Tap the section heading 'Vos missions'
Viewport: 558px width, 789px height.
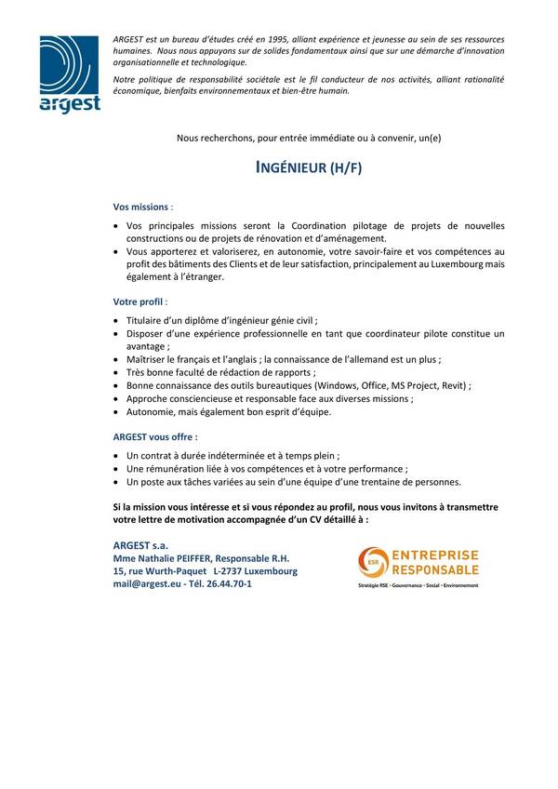[x=141, y=207]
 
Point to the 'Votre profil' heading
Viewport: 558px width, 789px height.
[x=139, y=302]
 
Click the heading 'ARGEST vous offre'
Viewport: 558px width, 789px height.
[x=153, y=435]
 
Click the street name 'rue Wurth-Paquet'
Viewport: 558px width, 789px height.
[x=166, y=570]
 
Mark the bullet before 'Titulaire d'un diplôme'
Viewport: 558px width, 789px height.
[x=114, y=319]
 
